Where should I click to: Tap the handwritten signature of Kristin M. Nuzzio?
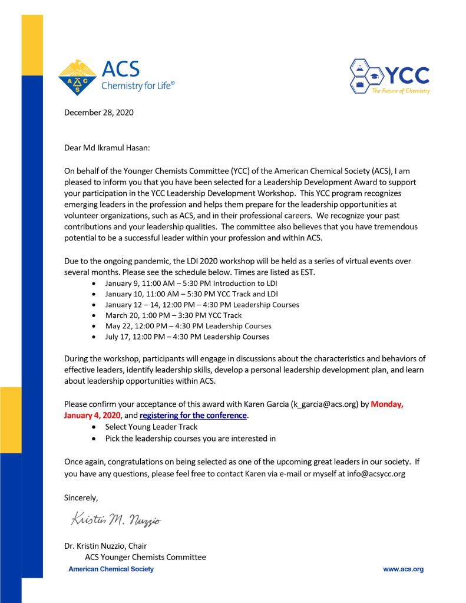click(115, 520)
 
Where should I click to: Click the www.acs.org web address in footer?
click(403, 569)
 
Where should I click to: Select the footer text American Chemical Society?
click(111, 569)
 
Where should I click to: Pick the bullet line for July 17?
click(187, 337)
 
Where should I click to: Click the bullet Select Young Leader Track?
click(151, 427)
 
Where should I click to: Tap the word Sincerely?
click(81, 498)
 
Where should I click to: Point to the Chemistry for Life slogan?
click(138, 86)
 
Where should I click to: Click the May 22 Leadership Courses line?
click(188, 326)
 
